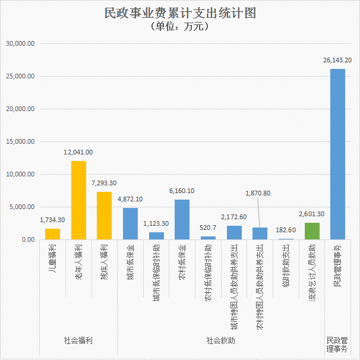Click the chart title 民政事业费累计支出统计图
[180, 13]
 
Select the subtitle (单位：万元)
[180, 26]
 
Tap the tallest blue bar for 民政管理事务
[337, 154]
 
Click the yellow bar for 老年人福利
[78, 200]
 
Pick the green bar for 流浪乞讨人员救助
[312, 231]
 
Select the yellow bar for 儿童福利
[53, 234]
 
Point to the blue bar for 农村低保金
[182, 220]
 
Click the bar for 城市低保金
[130, 224]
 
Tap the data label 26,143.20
[337, 60]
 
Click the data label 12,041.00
[78, 152]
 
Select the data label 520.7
[208, 228]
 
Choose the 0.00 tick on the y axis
[27, 240]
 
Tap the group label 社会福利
[78, 341]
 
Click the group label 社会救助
[220, 341]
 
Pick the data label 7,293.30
[105, 183]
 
